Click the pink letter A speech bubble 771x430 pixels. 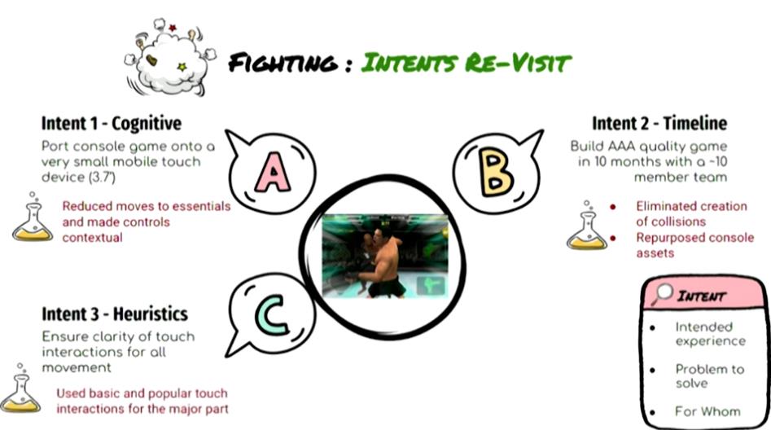[272, 171]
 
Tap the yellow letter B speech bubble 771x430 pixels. [497, 172]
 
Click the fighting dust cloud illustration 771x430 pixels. [170, 58]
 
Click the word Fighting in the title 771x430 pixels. [283, 63]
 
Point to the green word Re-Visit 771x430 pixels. [517, 64]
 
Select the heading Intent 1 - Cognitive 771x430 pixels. [111, 123]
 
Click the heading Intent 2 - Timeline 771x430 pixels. [659, 123]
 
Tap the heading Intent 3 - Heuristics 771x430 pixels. [115, 314]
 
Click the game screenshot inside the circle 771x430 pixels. [386, 256]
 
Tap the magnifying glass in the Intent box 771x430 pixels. [662, 294]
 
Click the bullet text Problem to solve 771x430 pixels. [710, 376]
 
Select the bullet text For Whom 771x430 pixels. [707, 411]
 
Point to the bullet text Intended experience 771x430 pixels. [710, 334]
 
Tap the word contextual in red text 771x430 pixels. [93, 238]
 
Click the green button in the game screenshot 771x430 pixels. [431, 286]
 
